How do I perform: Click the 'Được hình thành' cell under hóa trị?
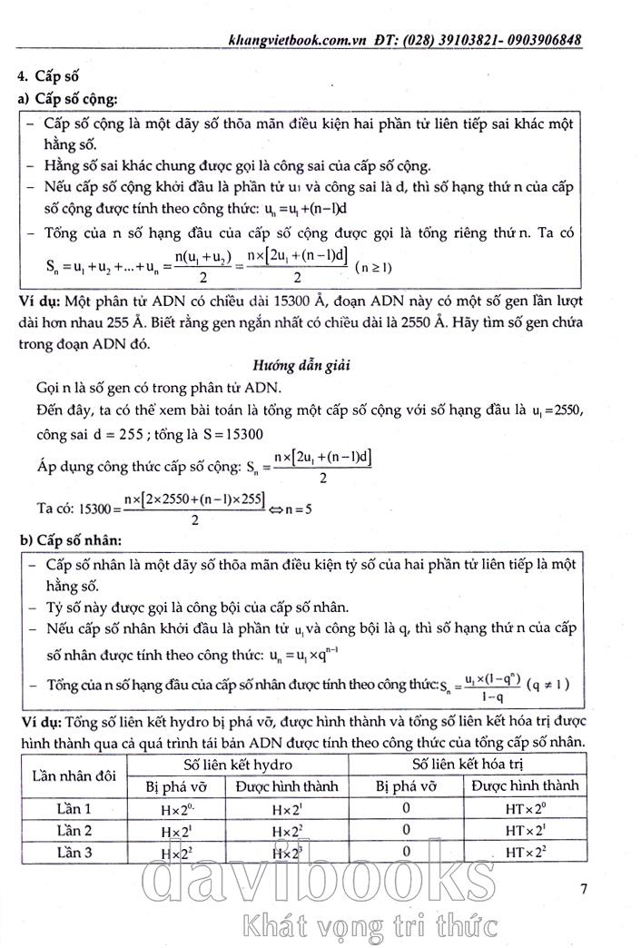click(526, 785)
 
